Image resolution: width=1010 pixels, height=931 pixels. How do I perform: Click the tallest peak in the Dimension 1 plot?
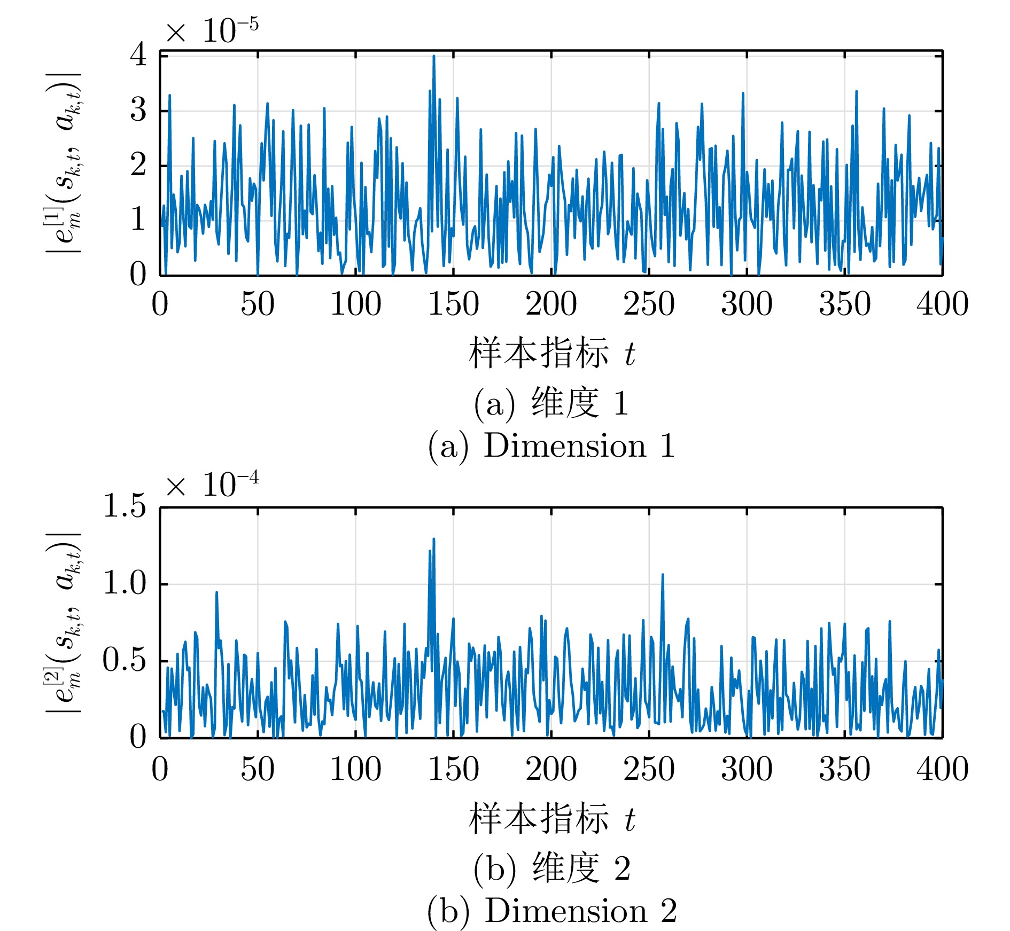tap(433, 56)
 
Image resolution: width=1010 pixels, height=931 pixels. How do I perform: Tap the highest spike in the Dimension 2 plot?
tap(433, 539)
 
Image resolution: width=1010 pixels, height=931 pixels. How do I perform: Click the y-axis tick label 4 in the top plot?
tap(138, 54)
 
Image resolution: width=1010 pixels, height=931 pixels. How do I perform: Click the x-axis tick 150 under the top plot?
tap(453, 304)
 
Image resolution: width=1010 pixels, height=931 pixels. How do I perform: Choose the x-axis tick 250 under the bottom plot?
tap(649, 769)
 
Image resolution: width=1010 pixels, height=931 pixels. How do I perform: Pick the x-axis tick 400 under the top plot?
tap(942, 304)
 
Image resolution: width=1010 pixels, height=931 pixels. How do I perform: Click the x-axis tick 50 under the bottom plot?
tap(258, 769)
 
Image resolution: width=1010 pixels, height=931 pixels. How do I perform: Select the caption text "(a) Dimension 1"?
tap(551, 447)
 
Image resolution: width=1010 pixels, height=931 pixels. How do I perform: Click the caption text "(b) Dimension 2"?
tap(551, 911)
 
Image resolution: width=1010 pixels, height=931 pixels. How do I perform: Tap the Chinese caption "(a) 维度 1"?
tap(551, 403)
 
